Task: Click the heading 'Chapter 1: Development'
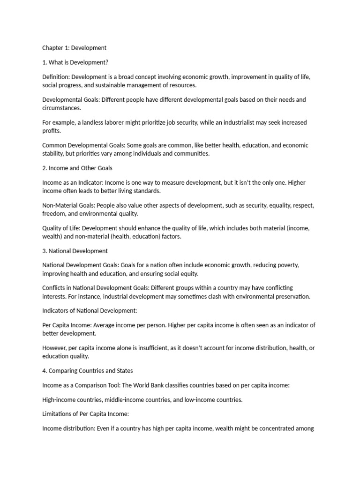pyautogui.click(x=74, y=48)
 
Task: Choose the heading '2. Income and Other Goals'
pyautogui.click(x=77, y=168)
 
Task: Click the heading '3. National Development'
pyautogui.click(x=75, y=251)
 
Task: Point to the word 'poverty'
pyautogui.click(x=287, y=265)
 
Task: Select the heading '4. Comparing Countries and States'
pyautogui.click(x=88, y=371)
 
